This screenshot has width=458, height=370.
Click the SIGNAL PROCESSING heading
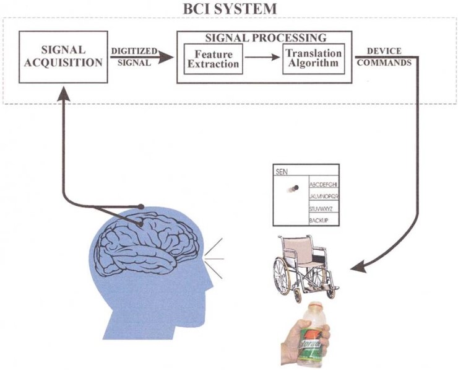266,38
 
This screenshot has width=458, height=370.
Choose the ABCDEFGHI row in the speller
323,185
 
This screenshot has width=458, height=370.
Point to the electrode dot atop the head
142,206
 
